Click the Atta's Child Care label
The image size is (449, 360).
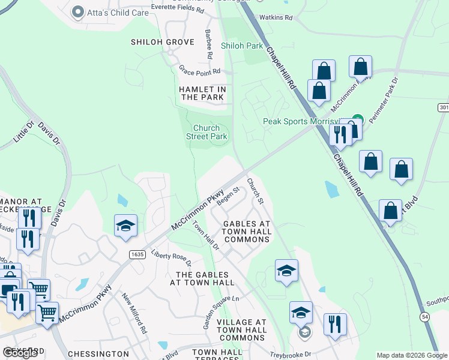pos(118,12)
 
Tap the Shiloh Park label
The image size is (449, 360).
pos(242,46)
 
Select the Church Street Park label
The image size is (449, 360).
pos(210,132)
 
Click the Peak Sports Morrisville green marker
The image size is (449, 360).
pos(358,119)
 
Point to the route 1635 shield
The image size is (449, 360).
pos(137,254)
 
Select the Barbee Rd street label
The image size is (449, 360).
pos(208,43)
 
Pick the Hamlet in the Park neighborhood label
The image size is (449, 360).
pos(202,93)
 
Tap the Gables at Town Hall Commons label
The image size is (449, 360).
pos(247,232)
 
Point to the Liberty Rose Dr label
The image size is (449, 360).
pos(171,258)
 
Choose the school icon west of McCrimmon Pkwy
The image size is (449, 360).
pos(125,226)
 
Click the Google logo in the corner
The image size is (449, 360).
pos(20,353)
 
